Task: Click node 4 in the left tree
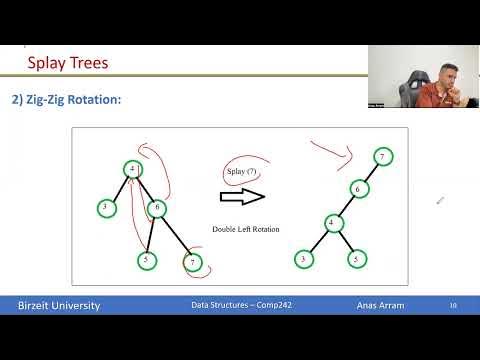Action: click(x=133, y=169)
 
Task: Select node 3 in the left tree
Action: click(x=106, y=207)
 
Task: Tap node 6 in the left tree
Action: click(x=158, y=208)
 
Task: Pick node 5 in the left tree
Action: click(x=147, y=260)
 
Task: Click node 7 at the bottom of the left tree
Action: click(x=192, y=263)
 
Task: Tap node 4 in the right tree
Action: click(x=331, y=222)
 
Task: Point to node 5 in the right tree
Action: click(x=356, y=259)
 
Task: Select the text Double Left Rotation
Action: click(x=246, y=229)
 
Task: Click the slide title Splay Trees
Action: click(x=68, y=64)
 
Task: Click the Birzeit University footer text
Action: click(x=60, y=305)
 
